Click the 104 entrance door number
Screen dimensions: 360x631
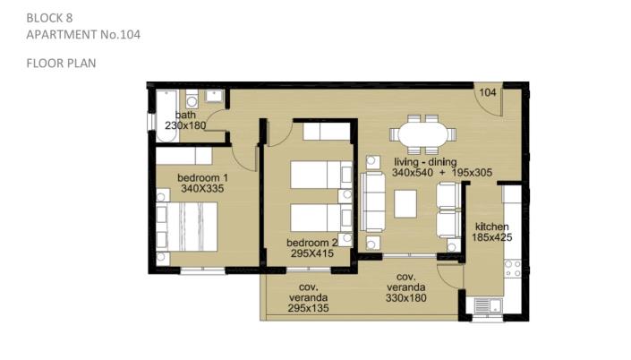[x=488, y=93]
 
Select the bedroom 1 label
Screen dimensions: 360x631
[x=202, y=176]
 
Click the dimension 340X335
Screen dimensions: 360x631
[x=202, y=189]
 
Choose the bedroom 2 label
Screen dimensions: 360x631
[x=311, y=243]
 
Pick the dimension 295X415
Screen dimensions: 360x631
[x=311, y=254]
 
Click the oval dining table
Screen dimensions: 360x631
[x=420, y=134]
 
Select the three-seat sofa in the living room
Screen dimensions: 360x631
[x=374, y=199]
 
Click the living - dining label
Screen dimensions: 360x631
[x=423, y=162]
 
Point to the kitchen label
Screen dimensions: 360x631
[x=492, y=226]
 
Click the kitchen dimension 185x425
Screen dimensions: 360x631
[x=492, y=237]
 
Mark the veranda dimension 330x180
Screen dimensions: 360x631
[x=405, y=299]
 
